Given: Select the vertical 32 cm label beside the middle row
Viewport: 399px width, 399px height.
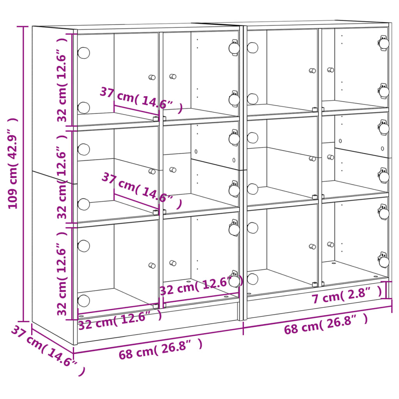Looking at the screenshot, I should (63, 177).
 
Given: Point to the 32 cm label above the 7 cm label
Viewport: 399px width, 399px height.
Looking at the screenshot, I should (201, 286).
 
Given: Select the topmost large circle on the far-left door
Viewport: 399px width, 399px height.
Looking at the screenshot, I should (83, 53).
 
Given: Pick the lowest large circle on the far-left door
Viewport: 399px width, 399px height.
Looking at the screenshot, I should (83, 300).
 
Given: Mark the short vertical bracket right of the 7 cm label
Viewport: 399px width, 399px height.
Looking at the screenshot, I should (387, 290).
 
